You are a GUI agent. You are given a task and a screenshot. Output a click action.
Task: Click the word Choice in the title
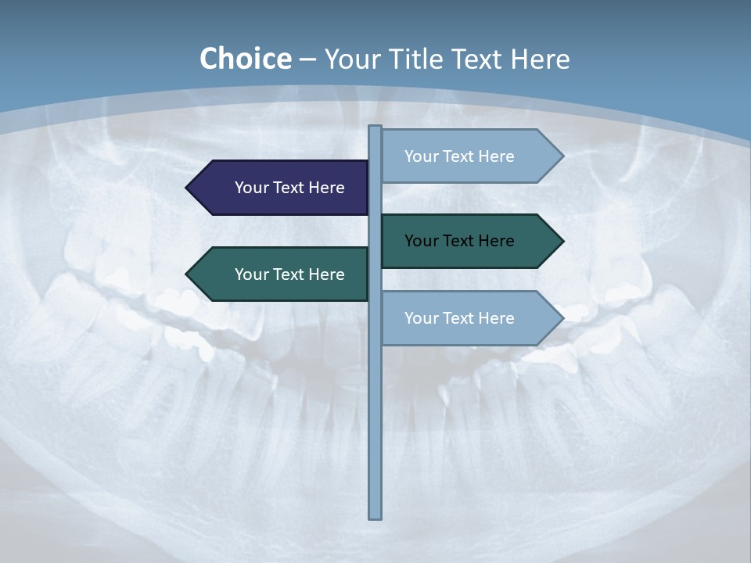point(245,59)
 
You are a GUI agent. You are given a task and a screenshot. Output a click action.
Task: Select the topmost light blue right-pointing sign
point(462,156)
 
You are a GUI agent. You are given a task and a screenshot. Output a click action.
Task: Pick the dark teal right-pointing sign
point(462,241)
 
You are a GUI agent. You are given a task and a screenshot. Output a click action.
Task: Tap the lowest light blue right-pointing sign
point(462,318)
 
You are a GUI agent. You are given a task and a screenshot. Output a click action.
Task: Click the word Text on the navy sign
point(289,188)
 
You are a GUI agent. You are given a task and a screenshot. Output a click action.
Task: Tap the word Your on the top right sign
point(420,156)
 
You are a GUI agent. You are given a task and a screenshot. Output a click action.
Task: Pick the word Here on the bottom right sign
point(496,318)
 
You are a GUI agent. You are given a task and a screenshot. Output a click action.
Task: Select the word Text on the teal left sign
point(289,274)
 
